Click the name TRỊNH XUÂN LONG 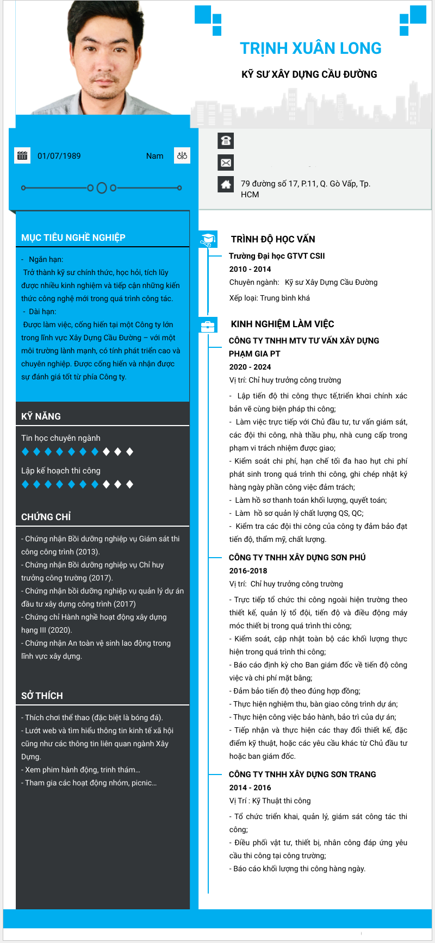310,48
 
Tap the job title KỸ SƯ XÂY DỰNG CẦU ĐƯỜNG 309,74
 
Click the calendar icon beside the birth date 22,155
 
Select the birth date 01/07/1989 59,156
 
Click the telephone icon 226,141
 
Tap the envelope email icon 226,163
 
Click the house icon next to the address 226,184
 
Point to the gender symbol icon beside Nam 182,155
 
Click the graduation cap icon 208,239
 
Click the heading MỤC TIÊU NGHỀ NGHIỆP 73,238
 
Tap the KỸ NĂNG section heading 41,416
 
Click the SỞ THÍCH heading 42,696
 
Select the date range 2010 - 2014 250,269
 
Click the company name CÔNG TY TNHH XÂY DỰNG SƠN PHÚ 297,558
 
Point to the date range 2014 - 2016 250,788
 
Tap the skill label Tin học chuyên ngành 61,438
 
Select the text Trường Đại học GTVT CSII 277,256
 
